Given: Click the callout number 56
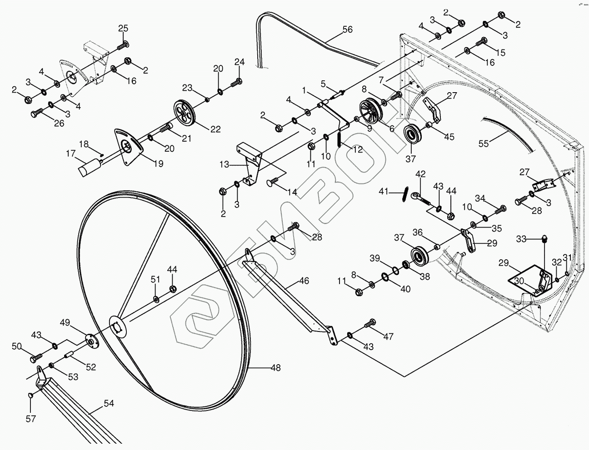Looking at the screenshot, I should (x=347, y=30).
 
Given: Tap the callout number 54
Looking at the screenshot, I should (x=109, y=403).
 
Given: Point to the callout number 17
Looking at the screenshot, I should (x=70, y=154).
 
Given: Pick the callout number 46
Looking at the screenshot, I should (x=304, y=281).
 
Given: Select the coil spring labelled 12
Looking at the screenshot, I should (x=340, y=138).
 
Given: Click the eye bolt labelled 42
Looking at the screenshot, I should (x=417, y=197).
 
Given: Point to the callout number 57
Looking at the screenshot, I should (x=30, y=419).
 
